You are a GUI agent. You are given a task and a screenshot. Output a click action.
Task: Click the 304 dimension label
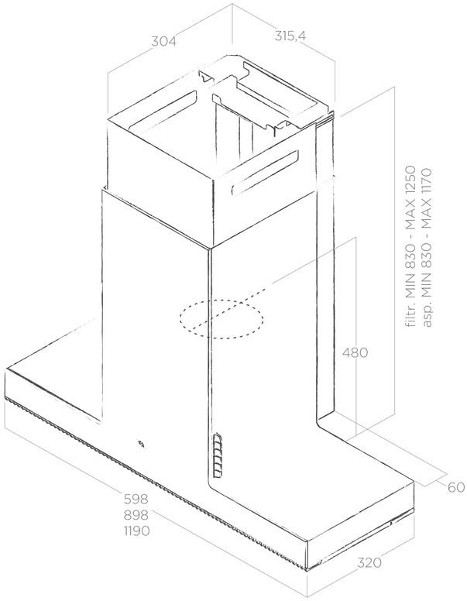(163, 41)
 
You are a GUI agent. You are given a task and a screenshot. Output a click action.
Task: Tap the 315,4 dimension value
(290, 36)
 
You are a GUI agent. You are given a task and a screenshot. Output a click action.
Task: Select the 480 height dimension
(355, 352)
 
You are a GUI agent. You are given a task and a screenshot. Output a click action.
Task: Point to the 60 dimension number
(456, 487)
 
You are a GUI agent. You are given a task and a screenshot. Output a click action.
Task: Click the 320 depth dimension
(369, 563)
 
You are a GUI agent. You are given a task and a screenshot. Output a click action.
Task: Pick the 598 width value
(136, 499)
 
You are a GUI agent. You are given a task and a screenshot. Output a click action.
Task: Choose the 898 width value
(136, 515)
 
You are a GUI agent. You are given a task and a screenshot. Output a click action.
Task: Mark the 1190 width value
(136, 531)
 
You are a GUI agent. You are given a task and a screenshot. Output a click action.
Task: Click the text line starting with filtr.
(410, 246)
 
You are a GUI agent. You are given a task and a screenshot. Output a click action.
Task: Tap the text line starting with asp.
(427, 248)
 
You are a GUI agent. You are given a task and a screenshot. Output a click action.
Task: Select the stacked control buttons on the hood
(218, 455)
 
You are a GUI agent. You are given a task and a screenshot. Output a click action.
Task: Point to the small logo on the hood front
(142, 444)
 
